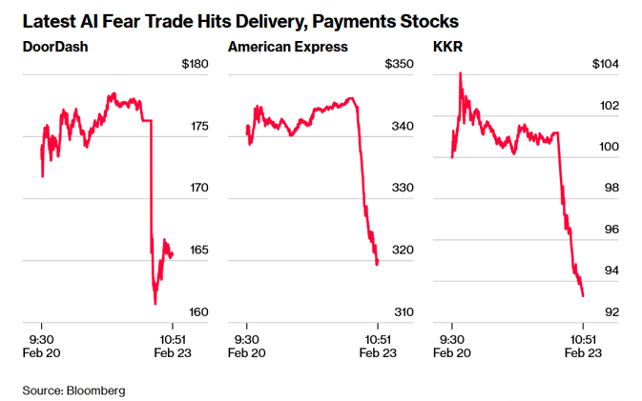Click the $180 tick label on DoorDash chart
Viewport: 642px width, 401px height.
[195, 64]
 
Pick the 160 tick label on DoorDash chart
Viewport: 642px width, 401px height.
[197, 312]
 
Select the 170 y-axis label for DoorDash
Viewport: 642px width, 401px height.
[197, 189]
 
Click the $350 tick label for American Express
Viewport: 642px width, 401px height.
[398, 64]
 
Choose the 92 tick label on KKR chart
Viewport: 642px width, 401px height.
[611, 312]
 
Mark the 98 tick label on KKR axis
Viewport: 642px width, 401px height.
[611, 189]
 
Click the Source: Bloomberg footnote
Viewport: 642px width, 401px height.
[74, 391]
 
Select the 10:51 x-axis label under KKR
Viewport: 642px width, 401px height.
[582, 338]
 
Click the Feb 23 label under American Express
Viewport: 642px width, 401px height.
[378, 354]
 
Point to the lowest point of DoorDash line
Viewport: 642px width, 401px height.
[155, 303]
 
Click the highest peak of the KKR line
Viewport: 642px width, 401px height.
[461, 72]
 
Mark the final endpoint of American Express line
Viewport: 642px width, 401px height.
[378, 265]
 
